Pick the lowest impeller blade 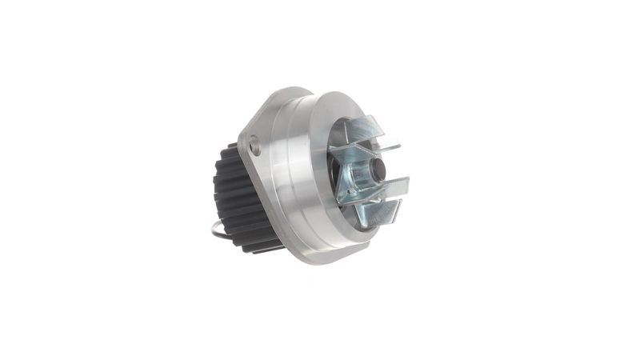click(378, 211)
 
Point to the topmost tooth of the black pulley click(232, 146)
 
